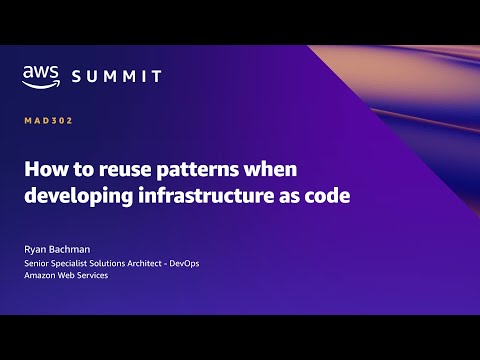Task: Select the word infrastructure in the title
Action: pyautogui.click(x=214, y=196)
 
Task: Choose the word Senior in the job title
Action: pyautogui.click(x=39, y=264)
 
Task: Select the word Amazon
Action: pyautogui.click(x=42, y=277)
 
